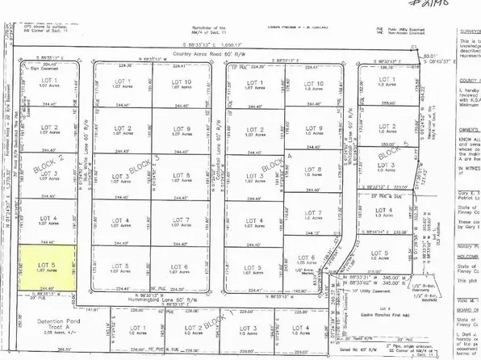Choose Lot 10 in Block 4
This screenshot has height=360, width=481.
coord(316,85)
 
